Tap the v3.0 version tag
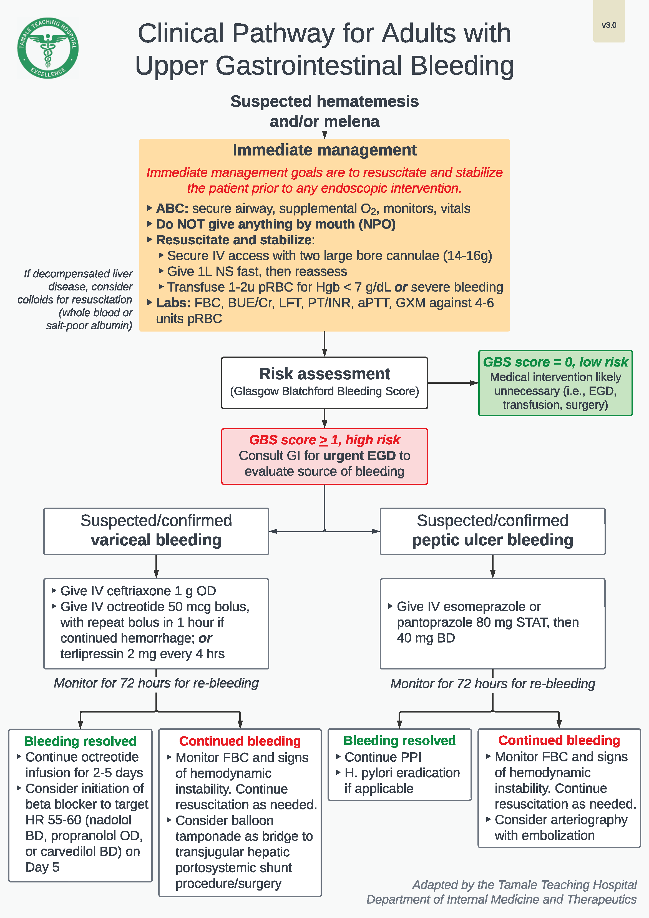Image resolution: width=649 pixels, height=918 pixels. click(609, 25)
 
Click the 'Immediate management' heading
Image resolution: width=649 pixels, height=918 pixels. click(324, 150)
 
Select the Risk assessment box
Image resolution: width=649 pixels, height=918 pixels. click(324, 382)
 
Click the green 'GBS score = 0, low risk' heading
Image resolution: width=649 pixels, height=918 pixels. click(555, 362)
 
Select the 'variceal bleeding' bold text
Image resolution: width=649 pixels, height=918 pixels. click(156, 540)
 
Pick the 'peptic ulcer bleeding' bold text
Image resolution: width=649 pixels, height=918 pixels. click(492, 540)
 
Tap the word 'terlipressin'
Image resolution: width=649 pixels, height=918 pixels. click(92, 654)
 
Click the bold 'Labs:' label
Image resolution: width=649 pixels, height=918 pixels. click(173, 303)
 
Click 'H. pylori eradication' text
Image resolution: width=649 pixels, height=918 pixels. click(402, 773)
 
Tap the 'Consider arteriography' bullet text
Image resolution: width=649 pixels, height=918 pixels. click(561, 820)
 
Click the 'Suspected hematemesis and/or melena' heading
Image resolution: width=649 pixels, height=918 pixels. click(324, 111)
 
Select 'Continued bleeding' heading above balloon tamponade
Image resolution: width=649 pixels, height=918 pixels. click(240, 741)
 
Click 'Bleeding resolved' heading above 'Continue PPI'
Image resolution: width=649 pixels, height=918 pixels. click(399, 741)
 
